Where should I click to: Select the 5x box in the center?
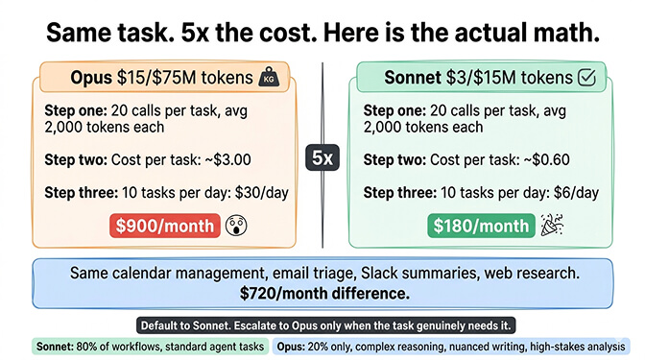[323, 156]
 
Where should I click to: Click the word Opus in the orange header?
[91, 78]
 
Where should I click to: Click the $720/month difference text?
[322, 294]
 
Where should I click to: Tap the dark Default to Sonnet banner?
[322, 325]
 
